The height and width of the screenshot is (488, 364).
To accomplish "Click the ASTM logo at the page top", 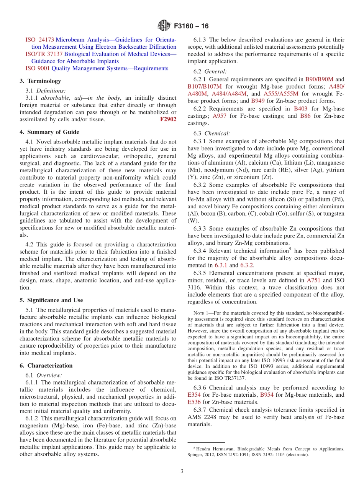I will point(164,26).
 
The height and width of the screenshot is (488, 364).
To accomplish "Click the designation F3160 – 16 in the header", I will point(191,26).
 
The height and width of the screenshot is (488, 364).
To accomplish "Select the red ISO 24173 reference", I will point(39,40).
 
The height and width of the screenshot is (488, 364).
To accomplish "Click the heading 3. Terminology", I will point(40,81).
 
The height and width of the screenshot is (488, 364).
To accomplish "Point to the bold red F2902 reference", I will point(168,119).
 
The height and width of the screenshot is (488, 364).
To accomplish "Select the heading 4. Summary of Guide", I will point(49,132).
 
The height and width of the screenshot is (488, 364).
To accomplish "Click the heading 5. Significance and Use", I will point(51,300).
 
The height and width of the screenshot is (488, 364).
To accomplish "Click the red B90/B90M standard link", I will point(319,79).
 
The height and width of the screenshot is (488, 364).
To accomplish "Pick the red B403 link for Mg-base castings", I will point(300,109).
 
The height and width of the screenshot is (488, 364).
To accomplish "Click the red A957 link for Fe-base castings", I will point(220,116).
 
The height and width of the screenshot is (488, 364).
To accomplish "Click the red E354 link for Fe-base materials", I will point(194,394).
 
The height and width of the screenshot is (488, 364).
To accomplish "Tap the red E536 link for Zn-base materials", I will point(194,402).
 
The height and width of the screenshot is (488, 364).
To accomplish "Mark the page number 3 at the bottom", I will point(182,471).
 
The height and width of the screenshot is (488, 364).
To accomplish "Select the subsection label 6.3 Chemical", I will point(212,134).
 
